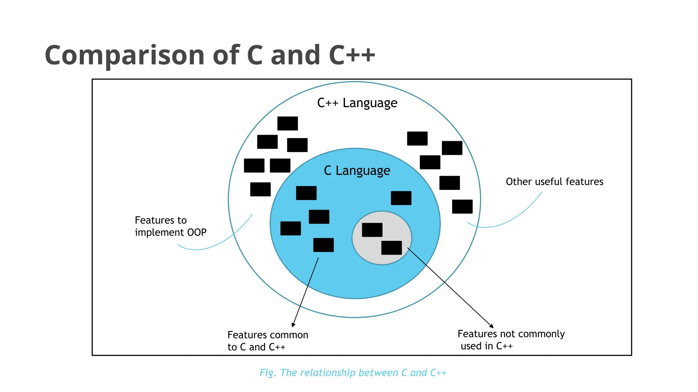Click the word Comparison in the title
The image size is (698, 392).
point(124,55)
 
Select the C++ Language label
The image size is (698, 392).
point(357,103)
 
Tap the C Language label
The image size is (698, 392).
point(357,170)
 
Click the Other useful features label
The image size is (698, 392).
point(554,182)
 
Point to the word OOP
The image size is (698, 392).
point(197,232)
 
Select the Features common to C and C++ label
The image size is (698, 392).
point(268,341)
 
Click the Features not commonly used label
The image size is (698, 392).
point(511,340)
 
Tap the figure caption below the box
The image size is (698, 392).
point(353,373)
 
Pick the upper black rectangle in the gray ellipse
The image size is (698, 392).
point(372,230)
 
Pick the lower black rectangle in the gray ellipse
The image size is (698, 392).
point(391,248)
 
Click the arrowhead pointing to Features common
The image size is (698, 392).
point(293,325)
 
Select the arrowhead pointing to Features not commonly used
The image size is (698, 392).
point(491,326)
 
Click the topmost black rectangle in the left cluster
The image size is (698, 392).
point(287,124)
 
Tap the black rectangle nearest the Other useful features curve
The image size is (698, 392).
point(462,207)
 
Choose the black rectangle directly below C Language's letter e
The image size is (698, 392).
point(401,198)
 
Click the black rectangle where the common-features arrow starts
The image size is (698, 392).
point(323,245)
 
